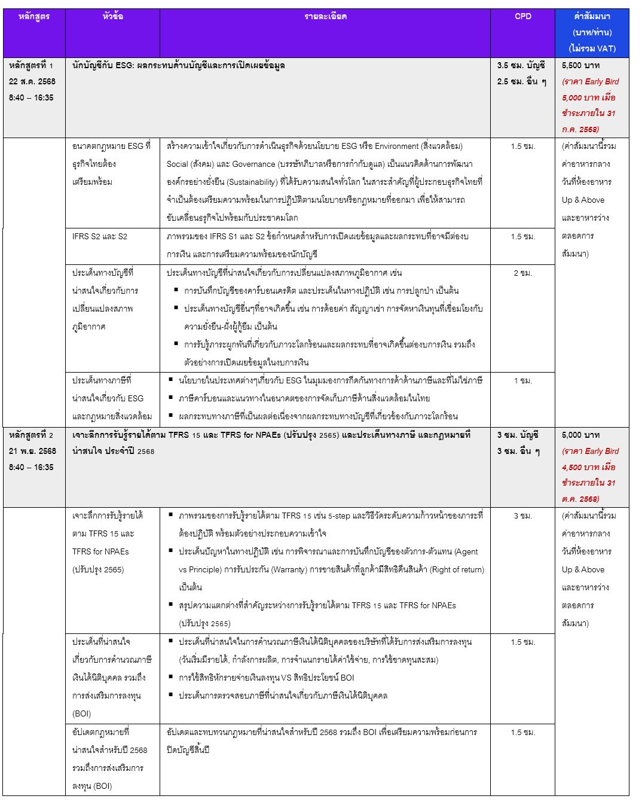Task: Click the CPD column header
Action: pyautogui.click(x=522, y=16)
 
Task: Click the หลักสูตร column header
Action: pyautogui.click(x=33, y=16)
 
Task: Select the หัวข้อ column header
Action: pyautogui.click(x=112, y=16)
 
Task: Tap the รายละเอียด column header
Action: pyautogui.click(x=325, y=16)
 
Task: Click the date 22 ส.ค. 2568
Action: pyautogui.click(x=32, y=81)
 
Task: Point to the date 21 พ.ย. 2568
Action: pyautogui.click(x=32, y=451)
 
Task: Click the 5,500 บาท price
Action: pyautogui.click(x=580, y=65)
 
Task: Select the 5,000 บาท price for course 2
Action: pyautogui.click(x=580, y=435)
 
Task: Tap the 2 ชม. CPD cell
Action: pyautogui.click(x=522, y=273)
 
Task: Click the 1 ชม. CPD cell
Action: pyautogui.click(x=522, y=380)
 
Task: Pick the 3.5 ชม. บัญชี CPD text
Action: pyautogui.click(x=521, y=65)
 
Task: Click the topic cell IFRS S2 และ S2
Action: pyautogui.click(x=100, y=236)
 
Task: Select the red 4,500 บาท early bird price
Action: pyautogui.click(x=581, y=467)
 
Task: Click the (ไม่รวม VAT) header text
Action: pyautogui.click(x=592, y=48)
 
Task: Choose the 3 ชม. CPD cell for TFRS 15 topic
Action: pyautogui.click(x=522, y=516)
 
